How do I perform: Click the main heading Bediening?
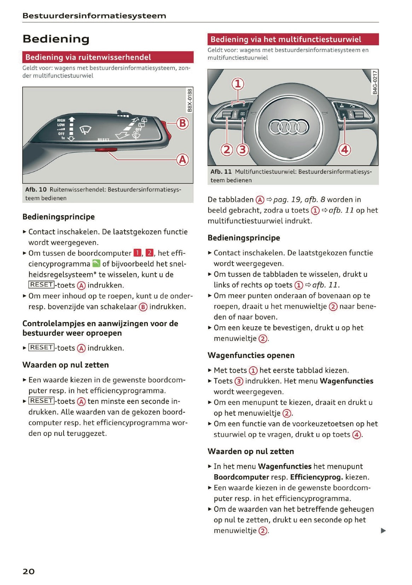[56, 39]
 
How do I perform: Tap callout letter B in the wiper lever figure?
[182, 124]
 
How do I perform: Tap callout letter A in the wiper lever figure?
[182, 160]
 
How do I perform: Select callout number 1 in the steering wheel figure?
[238, 84]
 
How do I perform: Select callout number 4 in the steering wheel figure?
[344, 150]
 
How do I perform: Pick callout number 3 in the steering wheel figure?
[243, 150]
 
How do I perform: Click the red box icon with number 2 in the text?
[150, 253]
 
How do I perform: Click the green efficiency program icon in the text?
[96, 263]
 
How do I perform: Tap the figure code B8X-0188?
[190, 101]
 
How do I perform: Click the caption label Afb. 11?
[221, 172]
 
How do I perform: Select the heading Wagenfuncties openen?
[251, 355]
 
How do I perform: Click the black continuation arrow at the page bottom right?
[383, 530]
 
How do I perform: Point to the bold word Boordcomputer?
[241, 477]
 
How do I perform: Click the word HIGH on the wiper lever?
[61, 121]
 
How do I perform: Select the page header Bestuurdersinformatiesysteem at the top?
[94, 16]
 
